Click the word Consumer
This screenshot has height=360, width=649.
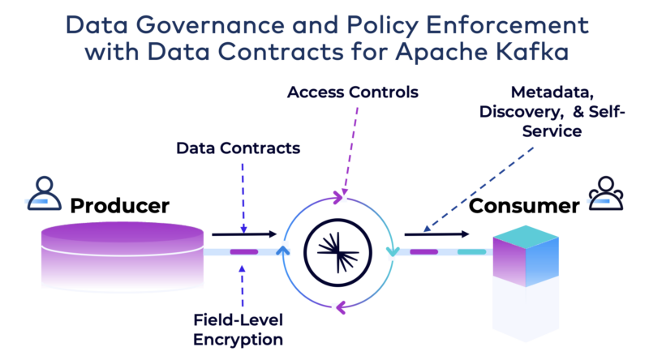click(x=523, y=205)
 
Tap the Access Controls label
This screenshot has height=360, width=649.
click(x=353, y=92)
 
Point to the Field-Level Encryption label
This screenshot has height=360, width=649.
click(x=238, y=329)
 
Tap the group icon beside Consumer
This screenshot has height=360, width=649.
click(x=605, y=193)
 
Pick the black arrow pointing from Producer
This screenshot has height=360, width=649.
click(x=244, y=234)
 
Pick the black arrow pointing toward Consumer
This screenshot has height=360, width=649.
click(x=439, y=234)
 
